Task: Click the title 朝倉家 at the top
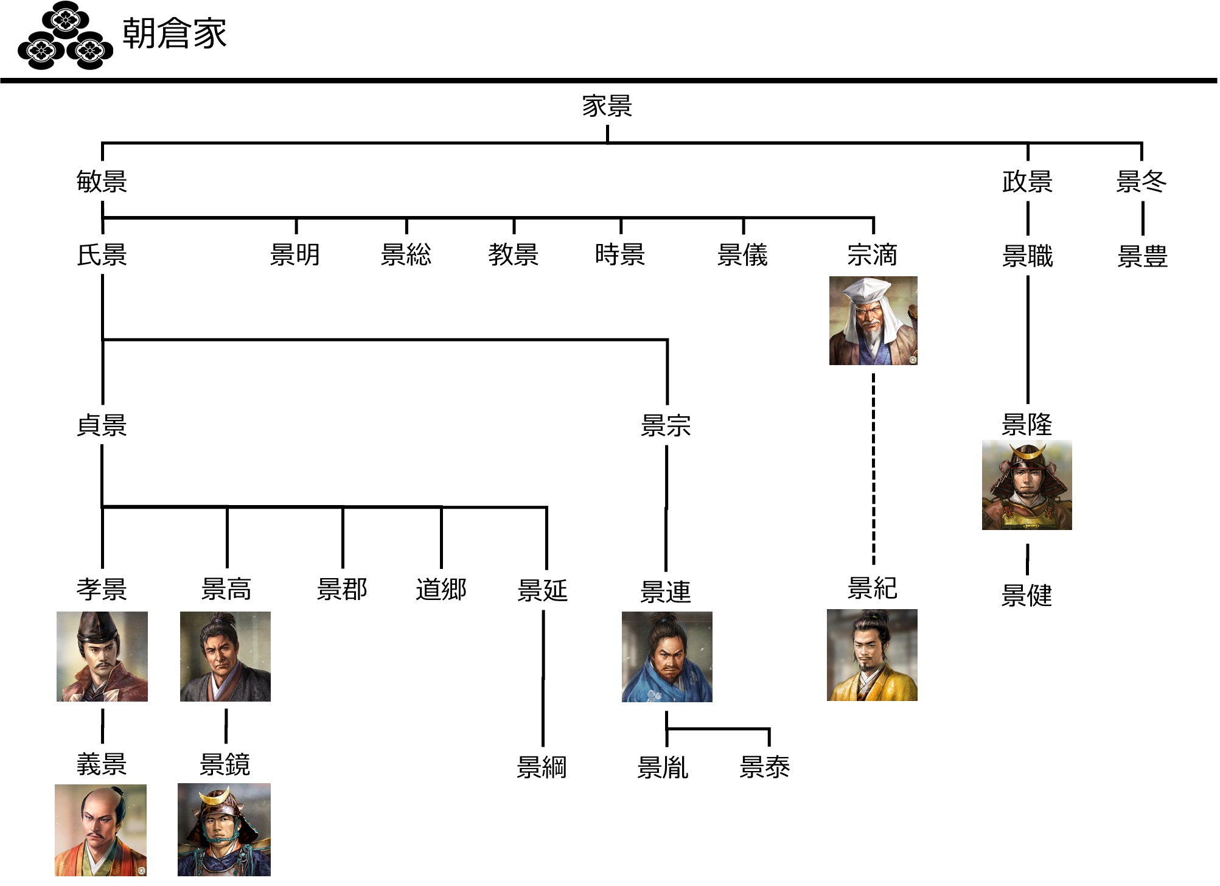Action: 174,33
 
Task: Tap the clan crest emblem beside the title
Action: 65,37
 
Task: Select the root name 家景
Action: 607,106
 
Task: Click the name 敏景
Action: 102,181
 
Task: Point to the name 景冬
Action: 1141,181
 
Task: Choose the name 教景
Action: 513,254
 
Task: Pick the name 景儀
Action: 742,255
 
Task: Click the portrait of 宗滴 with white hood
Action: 873,321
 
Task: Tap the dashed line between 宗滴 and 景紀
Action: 873,469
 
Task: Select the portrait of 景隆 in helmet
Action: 1027,485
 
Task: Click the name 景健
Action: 1027,595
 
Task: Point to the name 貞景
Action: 102,425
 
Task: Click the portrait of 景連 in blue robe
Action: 666,657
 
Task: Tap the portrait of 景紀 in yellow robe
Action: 872,655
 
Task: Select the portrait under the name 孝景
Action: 102,657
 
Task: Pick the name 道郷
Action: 441,589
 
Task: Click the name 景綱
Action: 541,767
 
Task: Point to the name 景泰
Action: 764,767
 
